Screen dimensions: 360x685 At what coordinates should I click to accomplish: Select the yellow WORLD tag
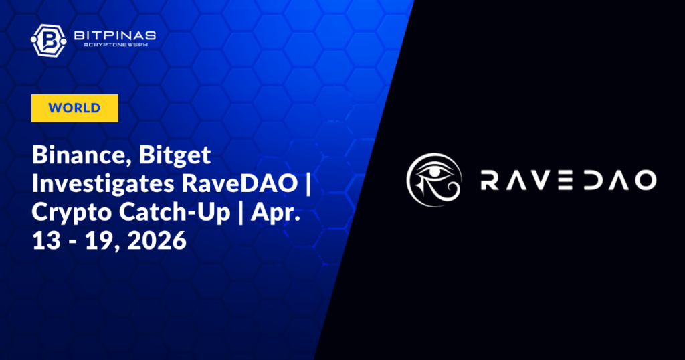pyautogui.click(x=74, y=108)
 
